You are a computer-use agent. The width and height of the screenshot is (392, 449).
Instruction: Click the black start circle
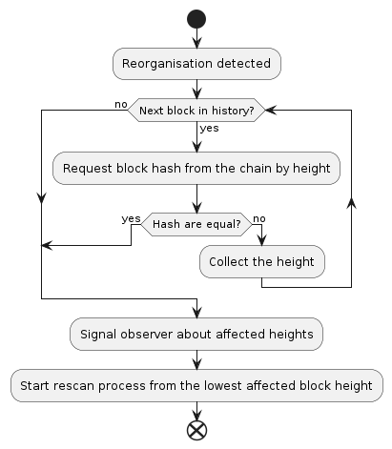[x=196, y=18]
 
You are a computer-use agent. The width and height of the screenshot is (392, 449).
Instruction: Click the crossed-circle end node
[x=196, y=430]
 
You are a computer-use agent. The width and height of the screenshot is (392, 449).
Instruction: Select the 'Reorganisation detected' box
[x=196, y=64]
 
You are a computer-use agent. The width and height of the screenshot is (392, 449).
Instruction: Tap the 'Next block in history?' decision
[x=196, y=111]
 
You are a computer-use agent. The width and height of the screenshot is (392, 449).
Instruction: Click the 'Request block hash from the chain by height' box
[x=196, y=169]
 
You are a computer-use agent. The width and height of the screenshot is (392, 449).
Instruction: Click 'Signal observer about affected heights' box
[x=196, y=335]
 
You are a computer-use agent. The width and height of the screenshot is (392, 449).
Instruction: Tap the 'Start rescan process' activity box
[x=196, y=385]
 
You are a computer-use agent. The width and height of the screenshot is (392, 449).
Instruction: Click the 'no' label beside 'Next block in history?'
[x=120, y=102]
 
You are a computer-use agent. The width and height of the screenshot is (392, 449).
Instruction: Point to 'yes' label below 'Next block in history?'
[x=208, y=128]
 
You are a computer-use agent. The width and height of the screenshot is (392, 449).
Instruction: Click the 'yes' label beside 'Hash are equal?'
[x=132, y=217]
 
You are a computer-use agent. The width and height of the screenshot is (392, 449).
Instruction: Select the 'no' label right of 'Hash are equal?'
[x=259, y=217]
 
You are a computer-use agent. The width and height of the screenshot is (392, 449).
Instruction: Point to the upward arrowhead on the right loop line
[x=352, y=201]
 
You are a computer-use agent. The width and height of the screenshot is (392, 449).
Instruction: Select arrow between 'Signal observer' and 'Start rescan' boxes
[x=196, y=359]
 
